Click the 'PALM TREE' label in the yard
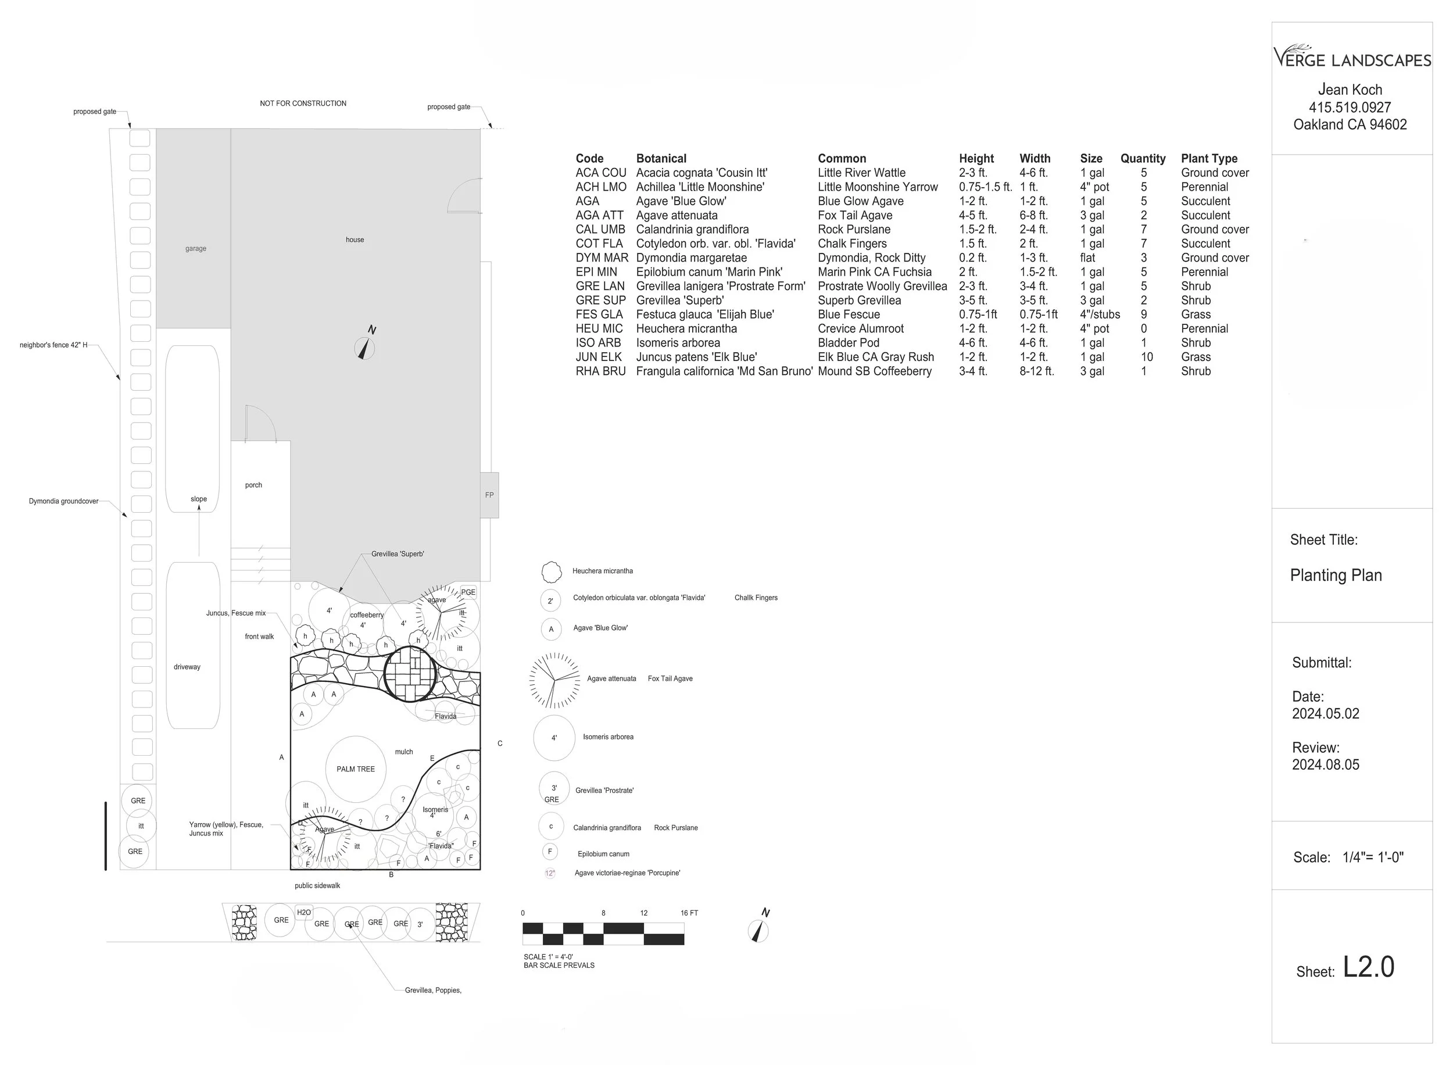click(x=355, y=769)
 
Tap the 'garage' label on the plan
click(x=196, y=249)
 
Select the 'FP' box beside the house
click(x=489, y=495)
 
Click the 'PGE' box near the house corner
click(x=468, y=592)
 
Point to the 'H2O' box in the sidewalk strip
click(x=304, y=912)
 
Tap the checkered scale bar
click(x=603, y=934)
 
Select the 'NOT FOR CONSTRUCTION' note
click(x=303, y=103)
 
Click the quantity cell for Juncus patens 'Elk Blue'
click(x=1147, y=357)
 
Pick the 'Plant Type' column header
click(x=1209, y=159)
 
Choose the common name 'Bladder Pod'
click(x=848, y=343)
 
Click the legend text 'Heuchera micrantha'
click(x=603, y=571)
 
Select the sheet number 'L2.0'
click(x=1368, y=967)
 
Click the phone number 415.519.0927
click(x=1350, y=108)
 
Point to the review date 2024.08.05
click(x=1325, y=764)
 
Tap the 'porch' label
click(x=253, y=485)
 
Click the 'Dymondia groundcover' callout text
click(x=64, y=501)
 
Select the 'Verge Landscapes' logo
click(x=1352, y=58)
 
